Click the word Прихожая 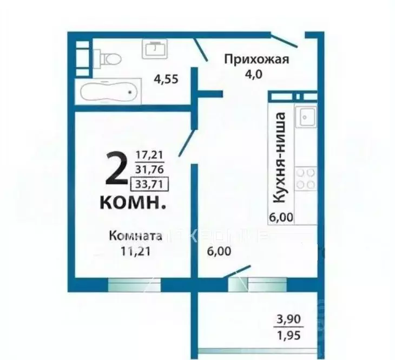tap(257, 60)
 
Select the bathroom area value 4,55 tap(166, 79)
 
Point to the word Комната tap(135, 236)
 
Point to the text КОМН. tap(133, 204)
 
